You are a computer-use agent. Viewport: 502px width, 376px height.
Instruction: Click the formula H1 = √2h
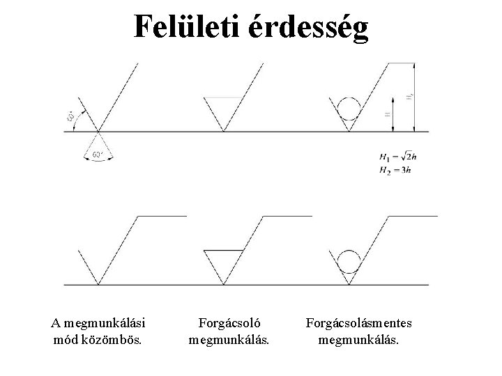click(x=395, y=158)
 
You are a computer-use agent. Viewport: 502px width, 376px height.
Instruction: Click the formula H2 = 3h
click(x=393, y=170)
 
